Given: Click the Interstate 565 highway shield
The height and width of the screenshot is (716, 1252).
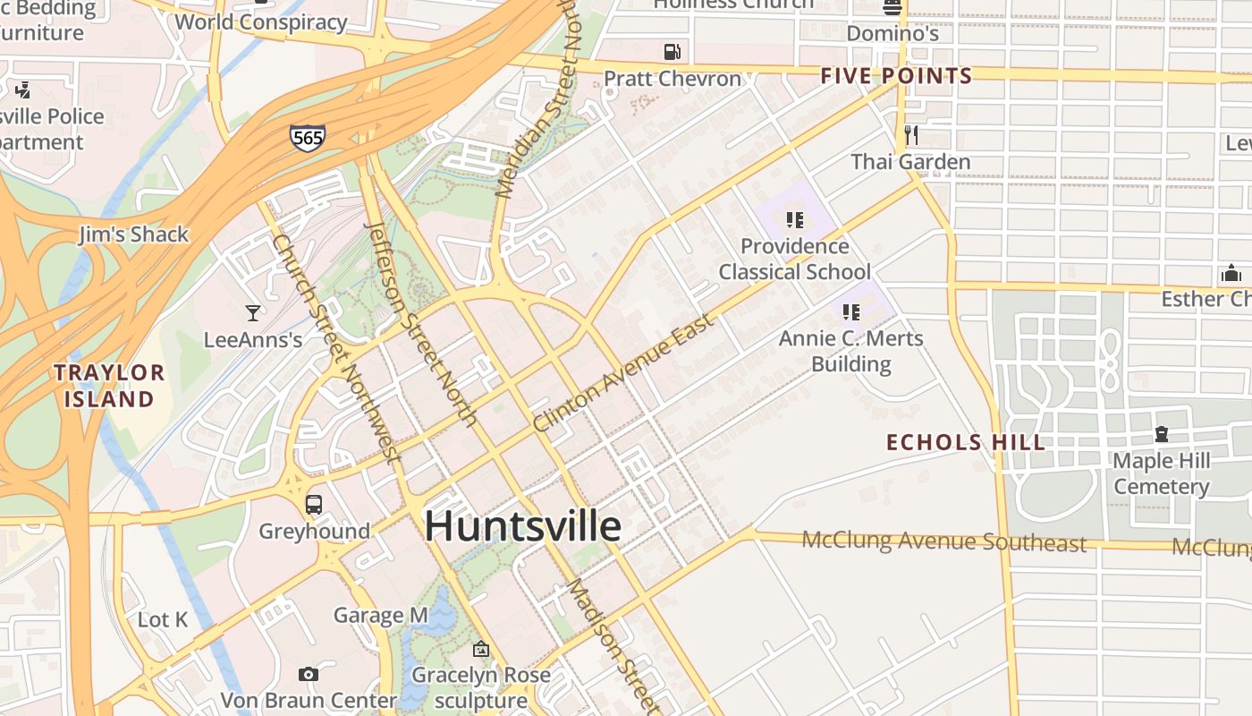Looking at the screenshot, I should (307, 137).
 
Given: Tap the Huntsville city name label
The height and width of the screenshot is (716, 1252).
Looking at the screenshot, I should (522, 525).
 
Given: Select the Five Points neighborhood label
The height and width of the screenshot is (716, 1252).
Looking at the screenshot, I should (897, 76).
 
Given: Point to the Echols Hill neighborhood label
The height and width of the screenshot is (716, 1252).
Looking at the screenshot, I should (965, 442).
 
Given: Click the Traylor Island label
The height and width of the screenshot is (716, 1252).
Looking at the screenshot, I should (109, 386).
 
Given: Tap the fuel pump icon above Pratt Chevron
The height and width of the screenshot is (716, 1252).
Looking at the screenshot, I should (672, 52).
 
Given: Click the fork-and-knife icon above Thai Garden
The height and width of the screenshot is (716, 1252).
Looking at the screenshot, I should (911, 135).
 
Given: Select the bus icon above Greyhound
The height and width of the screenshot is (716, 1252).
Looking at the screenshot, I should (314, 505).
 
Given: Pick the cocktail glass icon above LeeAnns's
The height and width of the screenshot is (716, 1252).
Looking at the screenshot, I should (253, 313).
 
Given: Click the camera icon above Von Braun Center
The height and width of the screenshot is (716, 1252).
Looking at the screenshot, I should (309, 674).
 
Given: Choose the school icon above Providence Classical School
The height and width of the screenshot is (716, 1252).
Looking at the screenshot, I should (794, 219).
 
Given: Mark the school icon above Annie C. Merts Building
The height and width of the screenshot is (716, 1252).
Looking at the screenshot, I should (850, 312).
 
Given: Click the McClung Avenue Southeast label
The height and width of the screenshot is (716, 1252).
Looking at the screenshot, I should (943, 541).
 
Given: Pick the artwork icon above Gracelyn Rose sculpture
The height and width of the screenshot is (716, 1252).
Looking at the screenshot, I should (481, 649).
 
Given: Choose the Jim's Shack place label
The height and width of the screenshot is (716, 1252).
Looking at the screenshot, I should (134, 234).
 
